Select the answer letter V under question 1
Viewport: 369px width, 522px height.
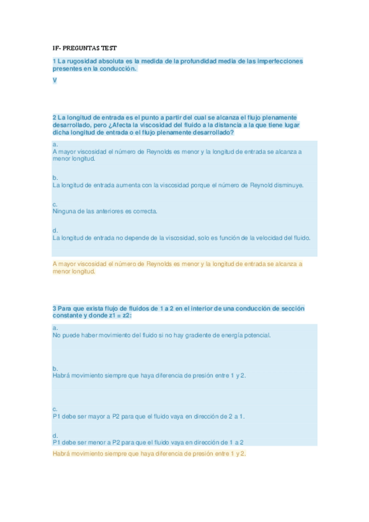55,81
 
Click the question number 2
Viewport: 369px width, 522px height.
55,117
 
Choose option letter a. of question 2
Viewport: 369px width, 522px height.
55,144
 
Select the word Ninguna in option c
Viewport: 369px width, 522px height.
64,211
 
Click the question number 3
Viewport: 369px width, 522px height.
55,308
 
